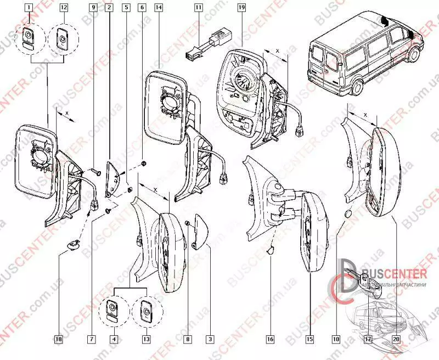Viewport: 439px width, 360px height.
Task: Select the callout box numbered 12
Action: pos(64,8)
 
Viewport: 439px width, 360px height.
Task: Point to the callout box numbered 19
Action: pos(241,8)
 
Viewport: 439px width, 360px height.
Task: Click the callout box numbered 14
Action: pos(159,8)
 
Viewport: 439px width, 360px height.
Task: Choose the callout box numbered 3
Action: pos(210,340)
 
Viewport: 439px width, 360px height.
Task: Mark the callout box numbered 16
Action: pos(270,340)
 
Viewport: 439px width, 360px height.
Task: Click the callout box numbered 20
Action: pos(396,340)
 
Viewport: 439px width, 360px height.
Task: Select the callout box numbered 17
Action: pos(368,340)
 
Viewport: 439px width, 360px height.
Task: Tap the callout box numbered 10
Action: pos(336,340)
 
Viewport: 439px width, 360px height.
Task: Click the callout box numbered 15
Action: pos(310,340)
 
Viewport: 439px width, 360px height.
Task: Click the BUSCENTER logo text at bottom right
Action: pos(392,273)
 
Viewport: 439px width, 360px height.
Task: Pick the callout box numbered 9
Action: pos(93,8)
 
